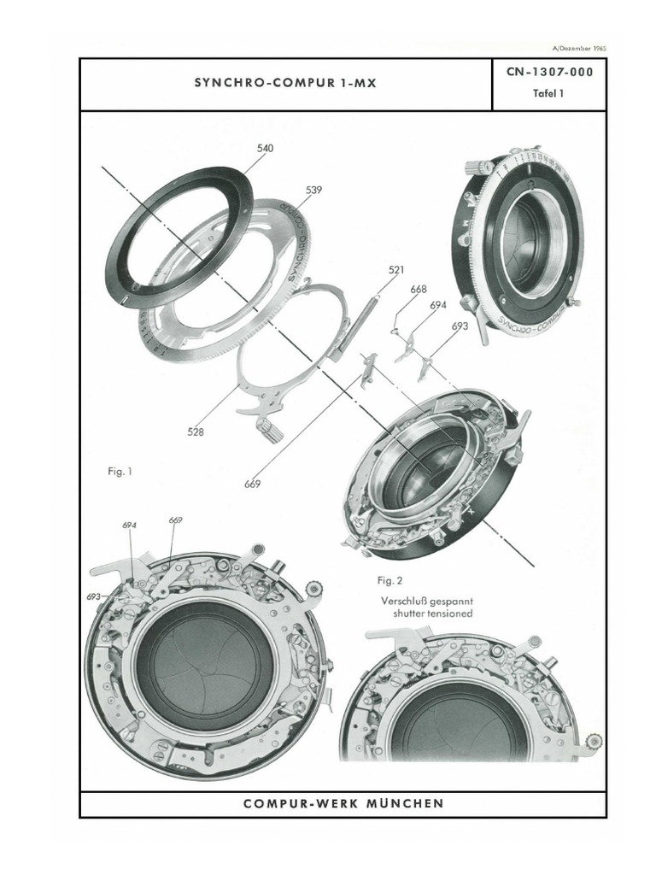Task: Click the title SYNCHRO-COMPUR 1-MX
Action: [285, 84]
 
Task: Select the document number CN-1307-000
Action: [549, 73]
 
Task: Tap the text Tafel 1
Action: [549, 95]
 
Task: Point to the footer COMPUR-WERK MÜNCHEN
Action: [343, 803]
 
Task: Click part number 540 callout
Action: [265, 148]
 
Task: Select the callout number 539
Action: [313, 190]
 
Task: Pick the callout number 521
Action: [395, 270]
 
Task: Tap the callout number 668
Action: [418, 290]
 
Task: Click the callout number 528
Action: [196, 432]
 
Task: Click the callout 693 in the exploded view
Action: [460, 326]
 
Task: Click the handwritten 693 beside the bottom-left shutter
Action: [93, 596]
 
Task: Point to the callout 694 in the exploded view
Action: [438, 305]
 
